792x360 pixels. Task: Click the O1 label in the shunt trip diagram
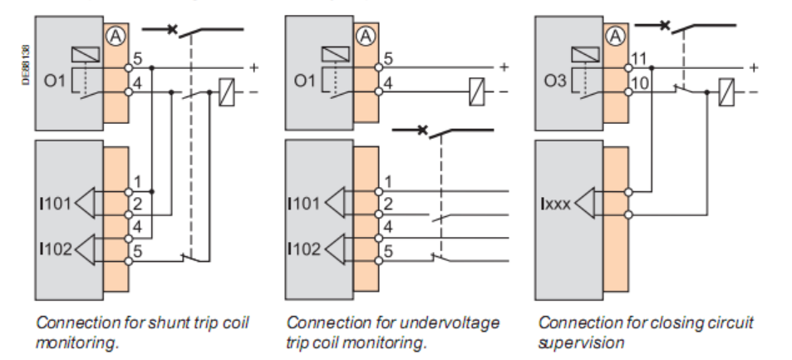55,81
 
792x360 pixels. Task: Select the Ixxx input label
556,205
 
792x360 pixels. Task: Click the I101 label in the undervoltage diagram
303,204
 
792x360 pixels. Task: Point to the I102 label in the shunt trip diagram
56,249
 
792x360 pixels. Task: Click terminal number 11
639,59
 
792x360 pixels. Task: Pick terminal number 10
640,82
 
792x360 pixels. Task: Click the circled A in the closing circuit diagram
615,36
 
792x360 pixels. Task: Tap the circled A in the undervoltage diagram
366,36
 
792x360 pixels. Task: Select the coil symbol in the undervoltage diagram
476,92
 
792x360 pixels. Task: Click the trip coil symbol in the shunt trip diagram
226,92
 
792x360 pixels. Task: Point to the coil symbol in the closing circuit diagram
726,92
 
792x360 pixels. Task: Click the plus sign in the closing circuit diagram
754,67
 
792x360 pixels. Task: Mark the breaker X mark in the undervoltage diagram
422,131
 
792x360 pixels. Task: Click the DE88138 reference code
27,65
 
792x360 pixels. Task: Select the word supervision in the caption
581,343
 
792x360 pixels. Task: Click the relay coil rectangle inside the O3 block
585,54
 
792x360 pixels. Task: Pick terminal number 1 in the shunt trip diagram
138,181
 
